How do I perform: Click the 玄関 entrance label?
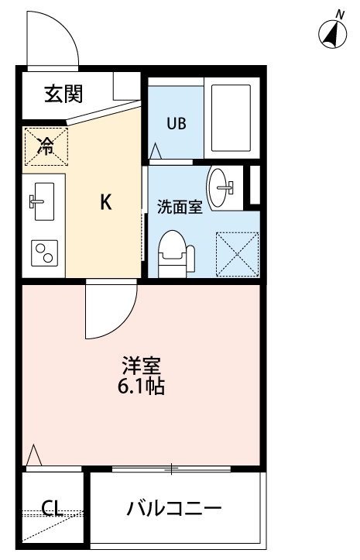[x=63, y=94]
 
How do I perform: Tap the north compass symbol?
[x=333, y=32]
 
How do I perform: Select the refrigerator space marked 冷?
[x=46, y=146]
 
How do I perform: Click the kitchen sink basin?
[x=44, y=201]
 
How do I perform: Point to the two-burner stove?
[x=45, y=253]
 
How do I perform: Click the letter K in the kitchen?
[x=106, y=202]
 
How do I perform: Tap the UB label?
[x=177, y=124]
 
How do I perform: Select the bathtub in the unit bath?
[x=231, y=118]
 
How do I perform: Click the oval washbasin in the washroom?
[x=218, y=187]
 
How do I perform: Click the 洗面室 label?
[x=180, y=207]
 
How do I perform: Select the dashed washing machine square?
[x=238, y=254]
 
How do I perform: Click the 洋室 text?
[x=142, y=366]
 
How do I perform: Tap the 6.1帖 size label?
[x=142, y=386]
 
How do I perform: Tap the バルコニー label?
[x=174, y=507]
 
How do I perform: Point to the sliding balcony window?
[x=171, y=469]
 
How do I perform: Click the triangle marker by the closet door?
[x=34, y=455]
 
